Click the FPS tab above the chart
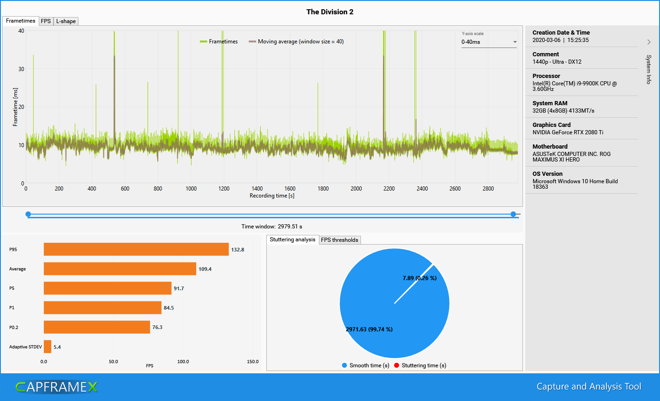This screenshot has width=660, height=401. pos(46,21)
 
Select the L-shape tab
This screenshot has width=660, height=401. pos(66,21)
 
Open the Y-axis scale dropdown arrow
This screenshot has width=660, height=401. pos(515,42)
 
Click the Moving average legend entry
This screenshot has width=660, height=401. pos(296,42)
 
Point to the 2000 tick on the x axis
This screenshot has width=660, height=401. pos(356,189)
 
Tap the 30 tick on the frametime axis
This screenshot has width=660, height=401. pos(21,69)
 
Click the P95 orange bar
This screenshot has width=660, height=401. pos(136,249)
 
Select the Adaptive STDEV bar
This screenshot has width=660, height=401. pos(48,347)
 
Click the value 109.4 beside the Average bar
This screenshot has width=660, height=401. pos(205,269)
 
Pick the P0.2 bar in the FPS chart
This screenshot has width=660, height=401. pos(97,327)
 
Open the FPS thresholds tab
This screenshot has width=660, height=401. pos(340,240)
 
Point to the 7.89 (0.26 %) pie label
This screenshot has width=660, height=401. pos(419,278)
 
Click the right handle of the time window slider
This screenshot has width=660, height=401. pos(513,214)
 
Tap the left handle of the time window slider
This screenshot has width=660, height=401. pos(28,214)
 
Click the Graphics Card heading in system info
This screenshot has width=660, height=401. pos(552,125)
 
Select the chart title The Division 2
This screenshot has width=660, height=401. pos(330,12)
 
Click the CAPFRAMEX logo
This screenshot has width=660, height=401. pos(57,387)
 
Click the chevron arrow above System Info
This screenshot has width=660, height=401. pos(649,42)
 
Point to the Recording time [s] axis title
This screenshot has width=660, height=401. pos(272,196)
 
